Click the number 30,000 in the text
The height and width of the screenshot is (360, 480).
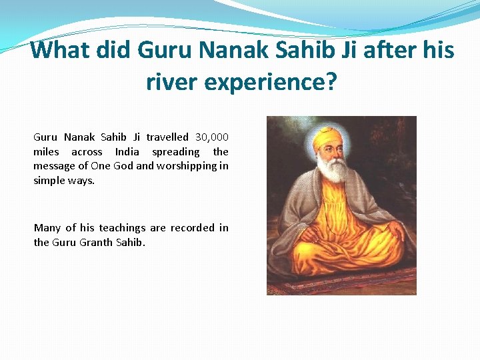(212, 137)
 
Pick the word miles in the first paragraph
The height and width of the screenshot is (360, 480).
(46, 152)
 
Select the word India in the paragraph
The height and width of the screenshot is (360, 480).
(127, 152)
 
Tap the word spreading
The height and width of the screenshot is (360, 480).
(176, 152)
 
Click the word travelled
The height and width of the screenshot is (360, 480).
(167, 137)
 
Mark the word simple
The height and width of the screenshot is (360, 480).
(49, 181)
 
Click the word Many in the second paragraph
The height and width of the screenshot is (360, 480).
(47, 228)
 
